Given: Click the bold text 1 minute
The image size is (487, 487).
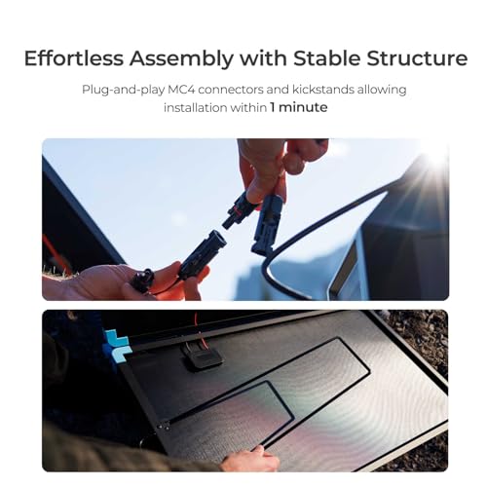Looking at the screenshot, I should (x=300, y=107).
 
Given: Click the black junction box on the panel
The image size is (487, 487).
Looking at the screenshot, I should (x=202, y=356).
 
